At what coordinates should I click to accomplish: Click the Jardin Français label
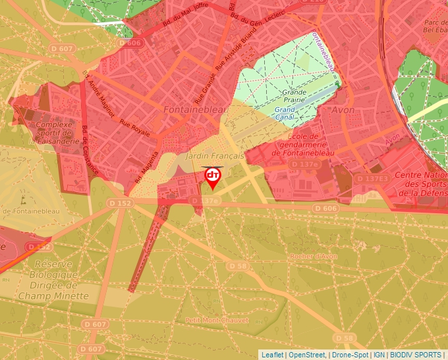click(x=215, y=156)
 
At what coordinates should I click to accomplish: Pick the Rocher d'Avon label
click(x=312, y=255)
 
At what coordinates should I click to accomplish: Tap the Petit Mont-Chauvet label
click(x=217, y=321)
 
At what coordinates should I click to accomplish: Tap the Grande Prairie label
click(x=294, y=96)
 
